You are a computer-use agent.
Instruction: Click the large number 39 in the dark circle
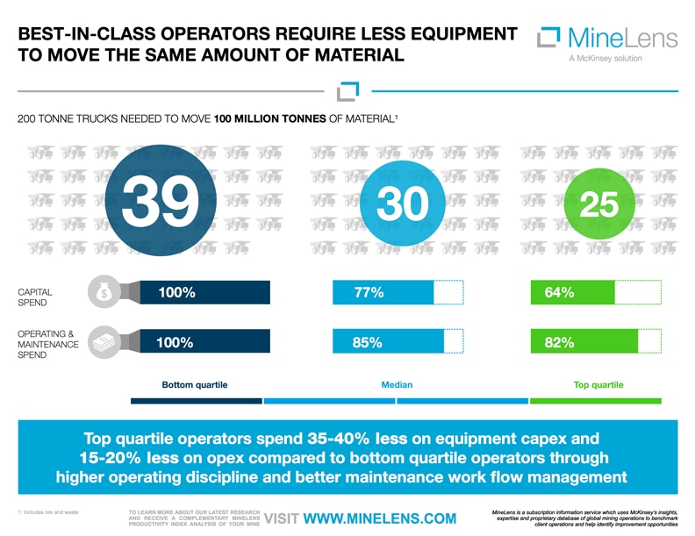point(157,201)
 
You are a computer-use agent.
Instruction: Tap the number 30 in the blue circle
point(402,204)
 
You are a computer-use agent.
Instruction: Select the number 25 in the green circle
point(599,204)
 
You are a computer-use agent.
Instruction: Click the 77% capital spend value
point(368,293)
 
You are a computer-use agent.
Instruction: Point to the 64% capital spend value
point(559,293)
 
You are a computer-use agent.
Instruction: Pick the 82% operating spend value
point(559,343)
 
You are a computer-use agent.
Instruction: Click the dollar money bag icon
point(104,293)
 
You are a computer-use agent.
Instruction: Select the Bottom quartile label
point(195,385)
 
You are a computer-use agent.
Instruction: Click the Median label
point(398,385)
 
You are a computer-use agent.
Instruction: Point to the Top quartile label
point(598,385)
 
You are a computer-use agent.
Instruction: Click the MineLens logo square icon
point(548,38)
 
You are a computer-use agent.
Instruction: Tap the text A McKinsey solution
point(605,59)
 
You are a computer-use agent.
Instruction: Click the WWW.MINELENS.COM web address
point(379,518)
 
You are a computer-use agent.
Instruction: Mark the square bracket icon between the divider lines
point(347,91)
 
